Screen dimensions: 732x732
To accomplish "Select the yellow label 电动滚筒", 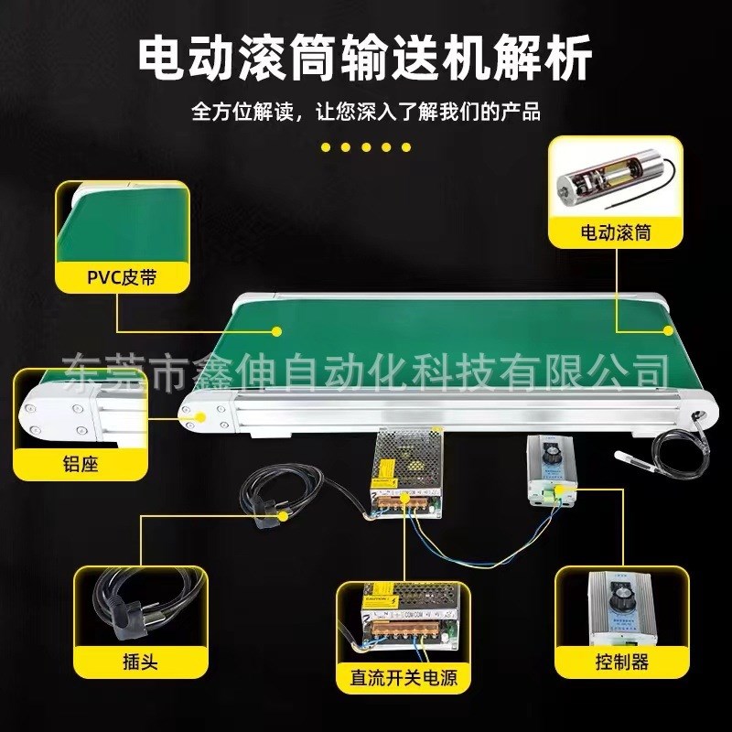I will click(616, 232).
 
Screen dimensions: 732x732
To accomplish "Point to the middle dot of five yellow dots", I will click(366, 146).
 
